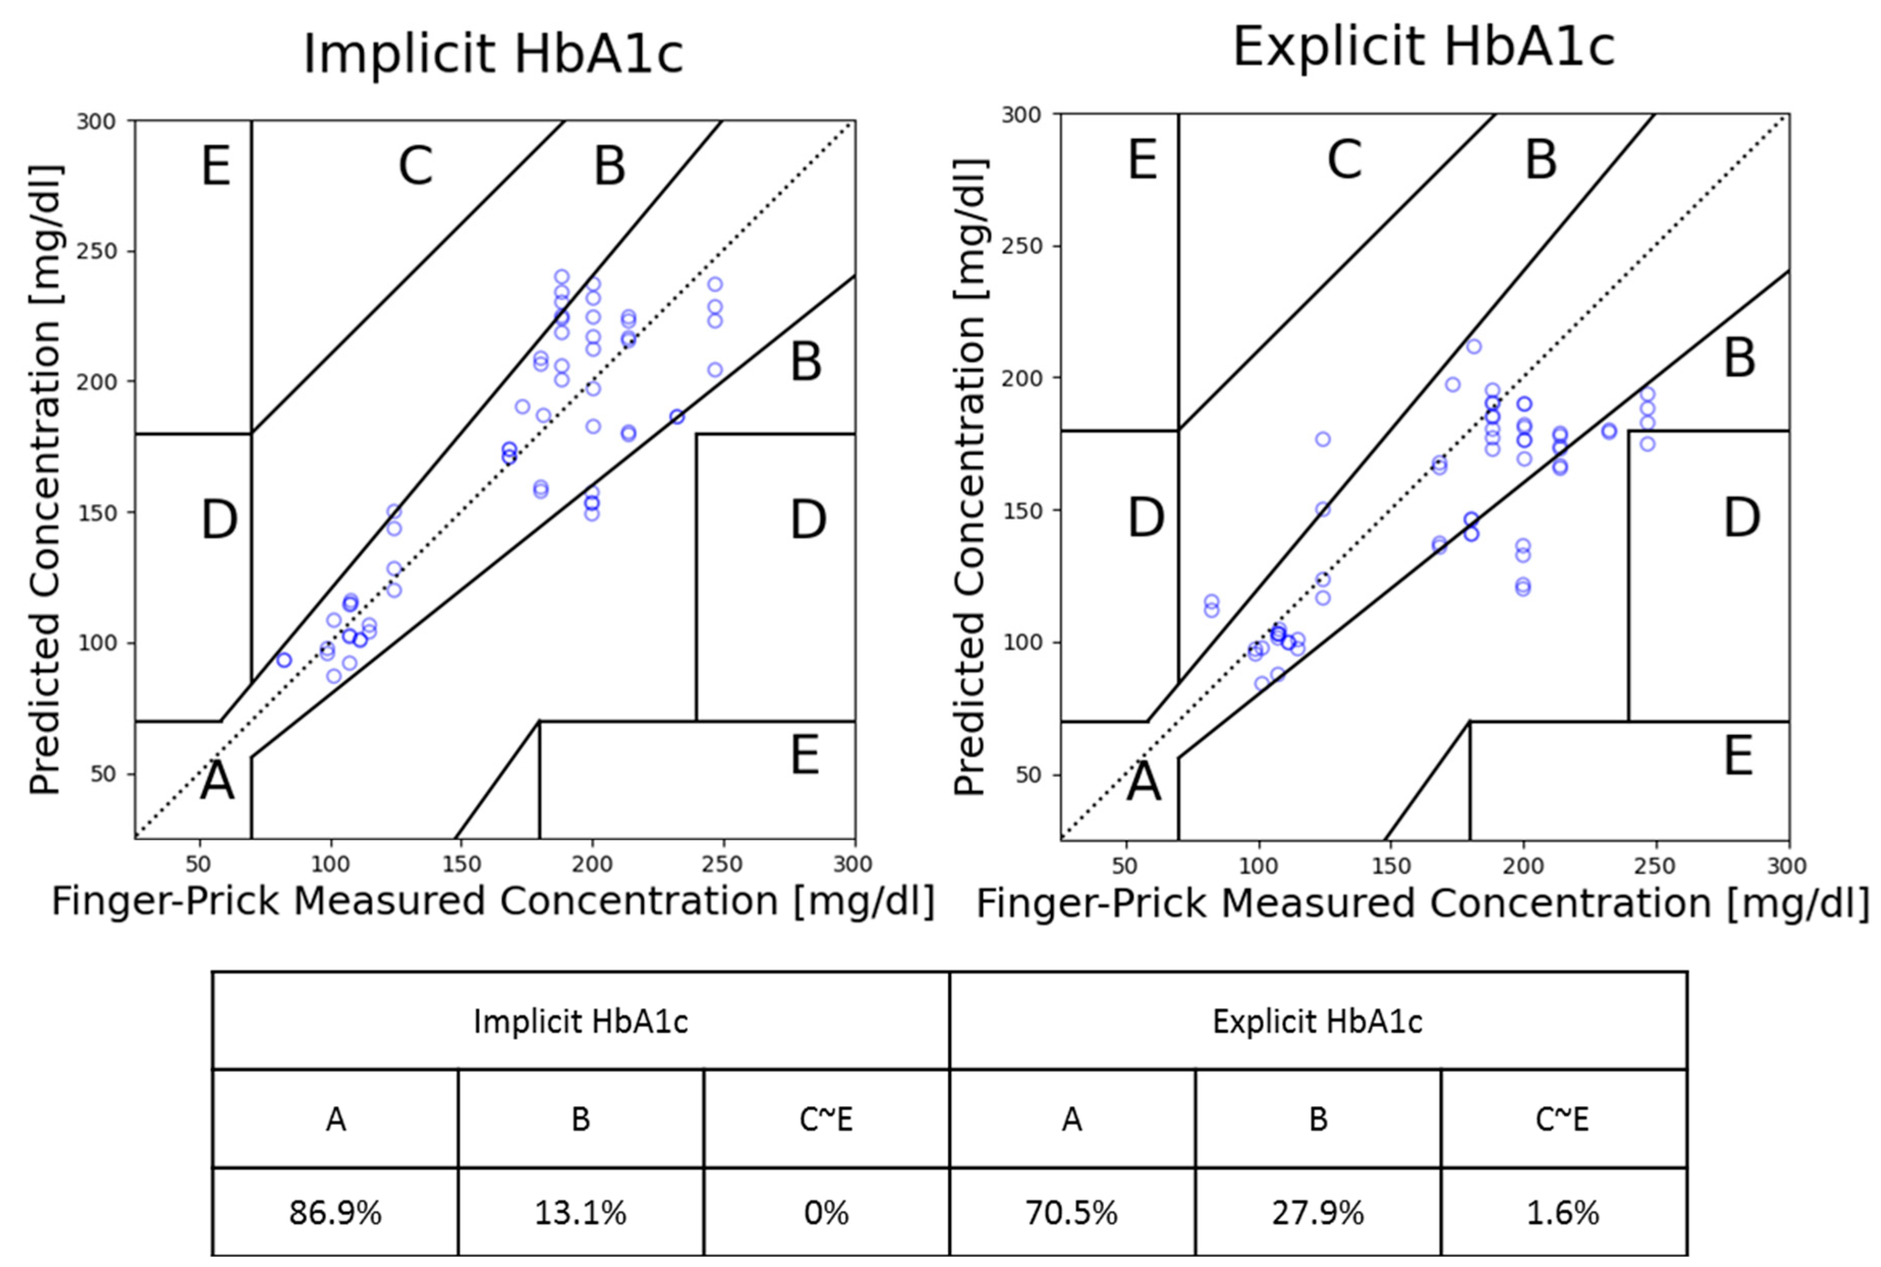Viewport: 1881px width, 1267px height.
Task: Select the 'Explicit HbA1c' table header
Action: [x=1317, y=1021]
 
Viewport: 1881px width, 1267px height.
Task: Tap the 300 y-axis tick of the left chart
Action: [x=96, y=121]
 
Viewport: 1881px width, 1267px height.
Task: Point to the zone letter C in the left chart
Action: [x=416, y=165]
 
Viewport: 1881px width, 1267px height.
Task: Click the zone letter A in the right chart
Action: [x=1143, y=782]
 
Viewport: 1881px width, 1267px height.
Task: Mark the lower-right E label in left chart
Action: [x=805, y=755]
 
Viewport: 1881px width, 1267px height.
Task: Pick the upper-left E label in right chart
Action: [x=1143, y=160]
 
